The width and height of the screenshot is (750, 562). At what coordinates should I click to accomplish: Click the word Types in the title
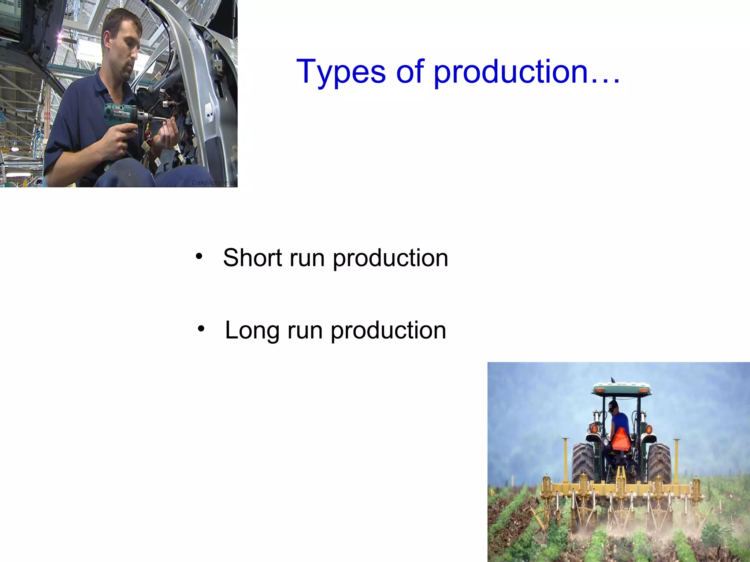341,72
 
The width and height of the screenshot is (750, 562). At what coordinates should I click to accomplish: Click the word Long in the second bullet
252,330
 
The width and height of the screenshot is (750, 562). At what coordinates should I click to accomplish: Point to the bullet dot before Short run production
199,256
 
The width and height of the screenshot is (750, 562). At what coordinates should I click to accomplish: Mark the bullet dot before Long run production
201,329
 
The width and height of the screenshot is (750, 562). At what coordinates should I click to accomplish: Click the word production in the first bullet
390,259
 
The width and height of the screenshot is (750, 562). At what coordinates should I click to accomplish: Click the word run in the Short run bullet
307,258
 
